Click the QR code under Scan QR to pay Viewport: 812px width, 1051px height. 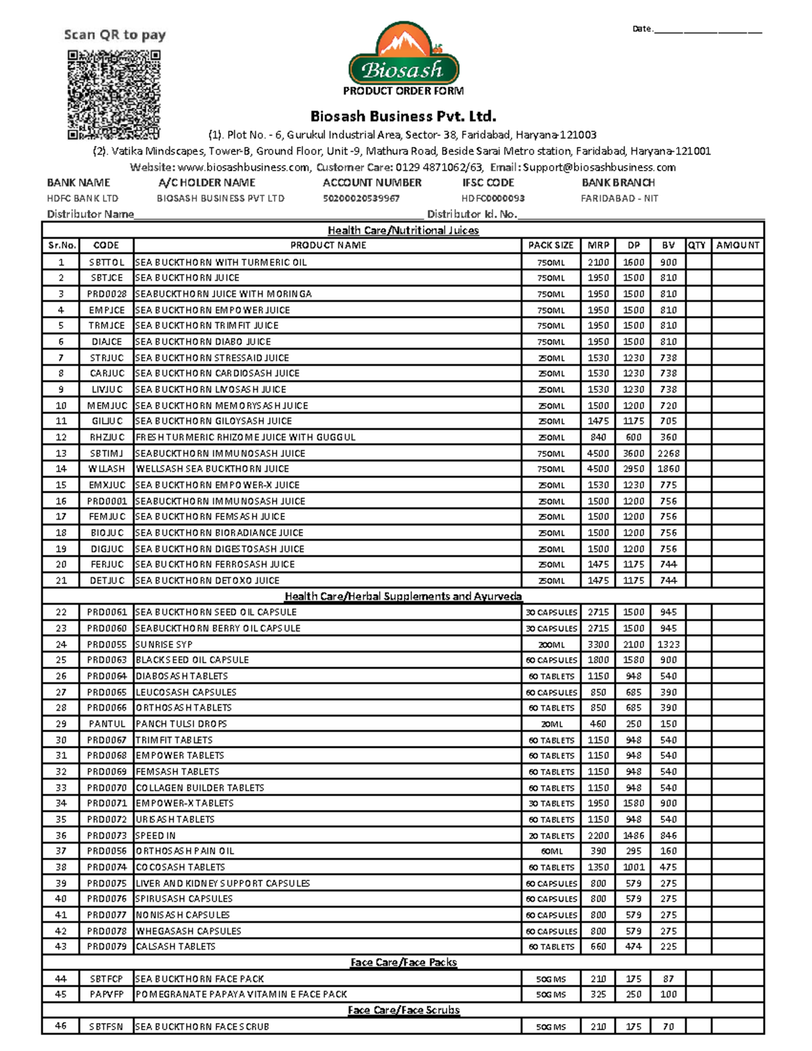pos(114,95)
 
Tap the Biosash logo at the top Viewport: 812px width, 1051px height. pos(403,54)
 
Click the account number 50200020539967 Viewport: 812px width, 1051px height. pos(361,198)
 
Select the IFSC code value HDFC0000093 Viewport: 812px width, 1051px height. pos(493,198)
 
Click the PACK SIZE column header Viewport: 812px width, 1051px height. pos(551,246)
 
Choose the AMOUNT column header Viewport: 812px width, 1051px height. pos(738,246)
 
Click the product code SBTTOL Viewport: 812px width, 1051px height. pos(106,262)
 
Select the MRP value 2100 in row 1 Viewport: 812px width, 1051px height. pos(597,262)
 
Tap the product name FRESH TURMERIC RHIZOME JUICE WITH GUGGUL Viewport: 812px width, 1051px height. pos(245,437)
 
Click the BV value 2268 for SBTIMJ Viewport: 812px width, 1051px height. pos(668,453)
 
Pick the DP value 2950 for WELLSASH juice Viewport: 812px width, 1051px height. pos(633,469)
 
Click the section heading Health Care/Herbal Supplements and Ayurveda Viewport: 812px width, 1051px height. pos(403,596)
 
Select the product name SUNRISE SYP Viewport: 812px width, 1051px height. pos(164,644)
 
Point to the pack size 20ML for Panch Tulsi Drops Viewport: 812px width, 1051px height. pos(551,724)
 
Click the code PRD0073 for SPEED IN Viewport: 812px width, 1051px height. pos(106,836)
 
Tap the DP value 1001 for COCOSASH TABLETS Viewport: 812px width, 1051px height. pos(633,867)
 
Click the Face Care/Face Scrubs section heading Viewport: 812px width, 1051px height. pos(403,1010)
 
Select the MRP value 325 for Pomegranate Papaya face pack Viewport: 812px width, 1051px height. pos(597,994)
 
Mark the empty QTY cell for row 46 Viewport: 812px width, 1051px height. pos(698,1027)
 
